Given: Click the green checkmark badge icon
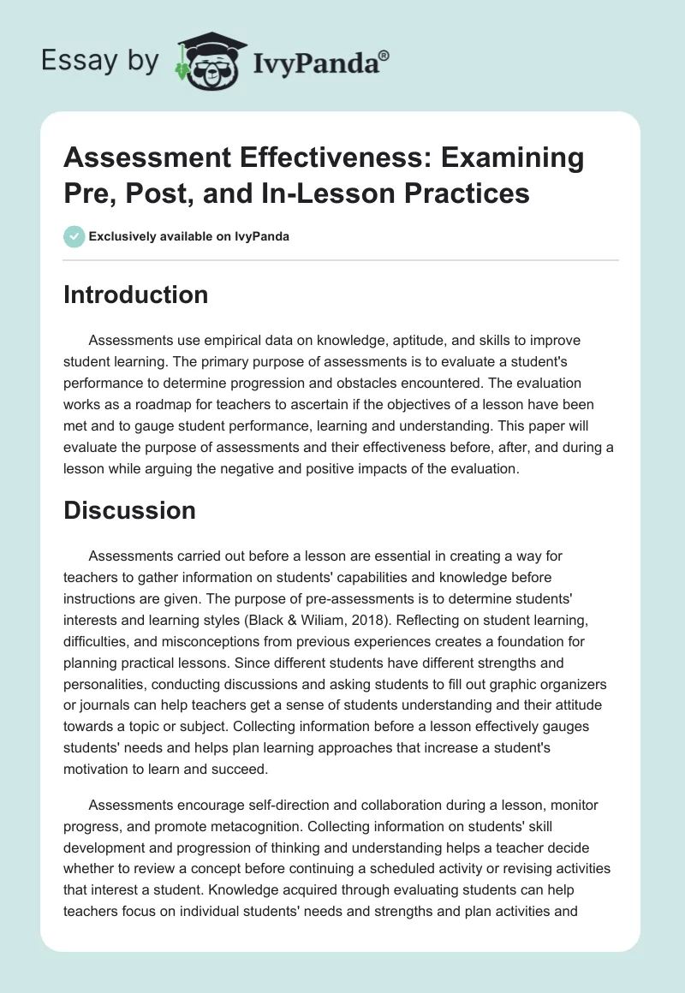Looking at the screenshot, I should point(74,236).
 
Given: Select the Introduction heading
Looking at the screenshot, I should point(136,294).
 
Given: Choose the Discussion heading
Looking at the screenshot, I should point(130,510).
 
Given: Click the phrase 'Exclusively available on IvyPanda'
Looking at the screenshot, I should point(189,236).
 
